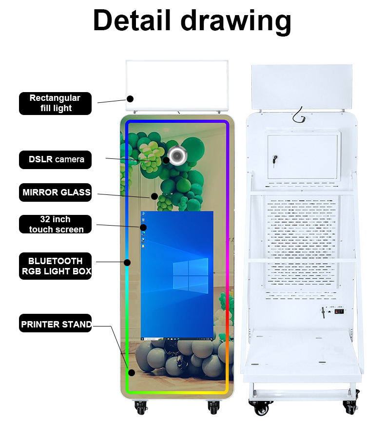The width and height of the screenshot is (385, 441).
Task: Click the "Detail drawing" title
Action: (192, 20)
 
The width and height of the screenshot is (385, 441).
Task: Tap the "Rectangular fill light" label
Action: (55, 103)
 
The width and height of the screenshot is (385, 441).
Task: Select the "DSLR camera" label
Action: (55, 159)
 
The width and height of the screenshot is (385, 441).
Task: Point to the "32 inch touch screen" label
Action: (55, 225)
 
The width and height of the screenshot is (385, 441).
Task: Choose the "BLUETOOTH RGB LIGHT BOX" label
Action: (55, 266)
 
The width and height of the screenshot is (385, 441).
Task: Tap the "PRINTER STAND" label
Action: (56, 324)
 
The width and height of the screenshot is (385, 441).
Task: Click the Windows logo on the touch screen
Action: (190, 275)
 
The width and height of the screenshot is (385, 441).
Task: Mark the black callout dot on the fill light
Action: (130, 98)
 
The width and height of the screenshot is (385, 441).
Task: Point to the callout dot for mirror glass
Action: (154, 196)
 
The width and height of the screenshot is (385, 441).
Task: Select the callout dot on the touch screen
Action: (143, 227)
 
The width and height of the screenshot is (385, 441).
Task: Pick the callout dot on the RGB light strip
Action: (127, 262)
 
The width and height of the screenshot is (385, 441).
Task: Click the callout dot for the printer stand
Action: (131, 373)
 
